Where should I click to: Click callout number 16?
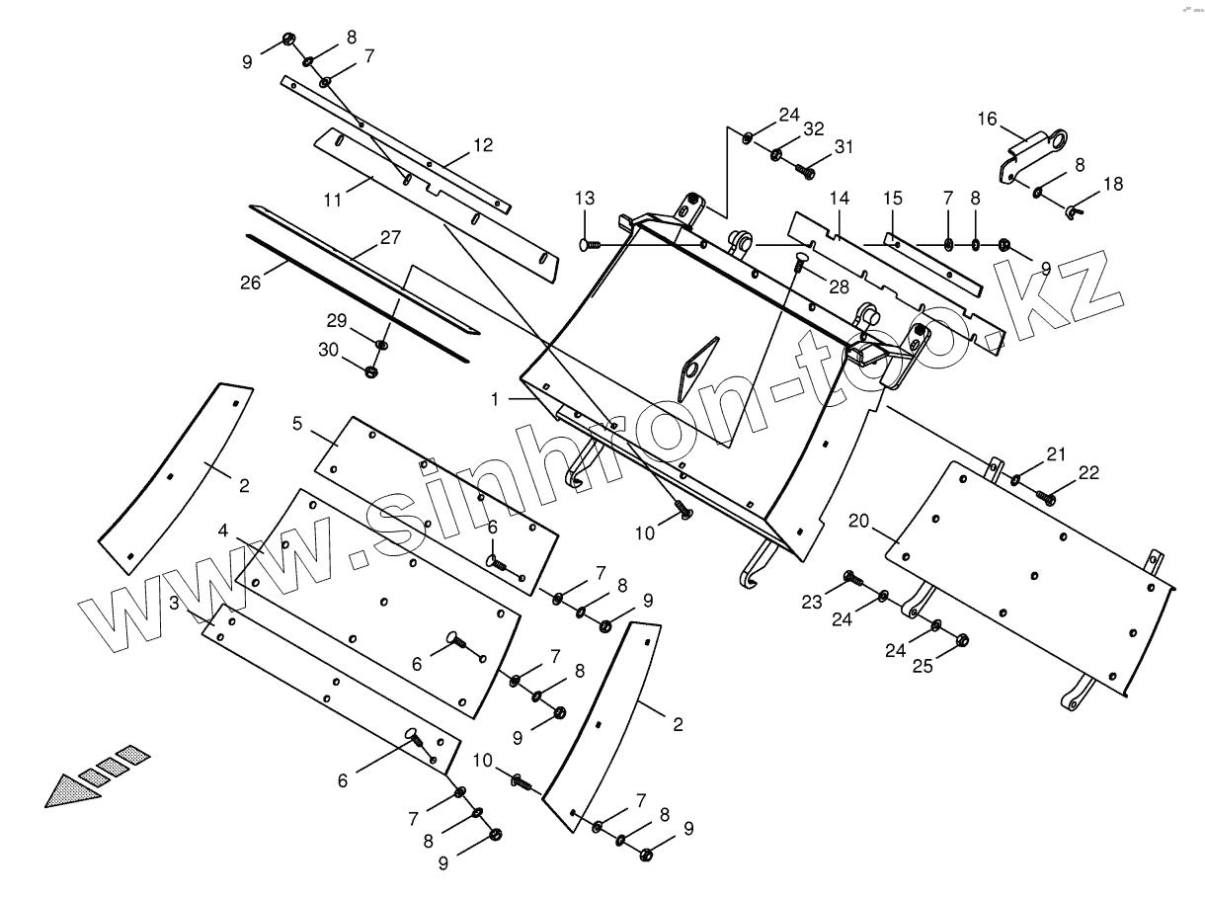pos(987,120)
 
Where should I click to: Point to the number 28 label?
pos(839,286)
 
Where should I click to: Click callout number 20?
pos(857,520)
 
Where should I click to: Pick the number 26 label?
pos(250,283)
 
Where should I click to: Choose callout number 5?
pos(296,424)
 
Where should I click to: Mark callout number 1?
pos(496,398)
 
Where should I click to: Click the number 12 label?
pos(482,145)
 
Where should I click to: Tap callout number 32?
pos(813,128)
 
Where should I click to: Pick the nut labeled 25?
pos(963,640)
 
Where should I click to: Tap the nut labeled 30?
pos(372,372)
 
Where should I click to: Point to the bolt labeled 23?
pos(851,577)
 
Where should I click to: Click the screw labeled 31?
pos(804,172)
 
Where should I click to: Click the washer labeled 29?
pos(382,344)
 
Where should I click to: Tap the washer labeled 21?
pos(1015,481)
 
